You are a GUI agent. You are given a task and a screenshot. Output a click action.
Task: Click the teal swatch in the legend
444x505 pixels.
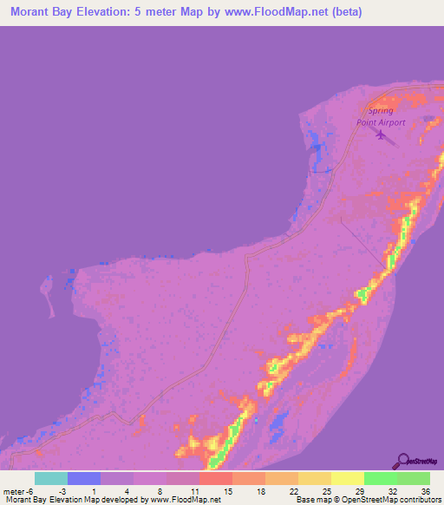pos(50,478)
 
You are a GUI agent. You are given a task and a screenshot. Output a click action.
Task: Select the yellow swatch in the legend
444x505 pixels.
pos(348,478)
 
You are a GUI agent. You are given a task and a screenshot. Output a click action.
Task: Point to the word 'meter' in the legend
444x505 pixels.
pos(15,490)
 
